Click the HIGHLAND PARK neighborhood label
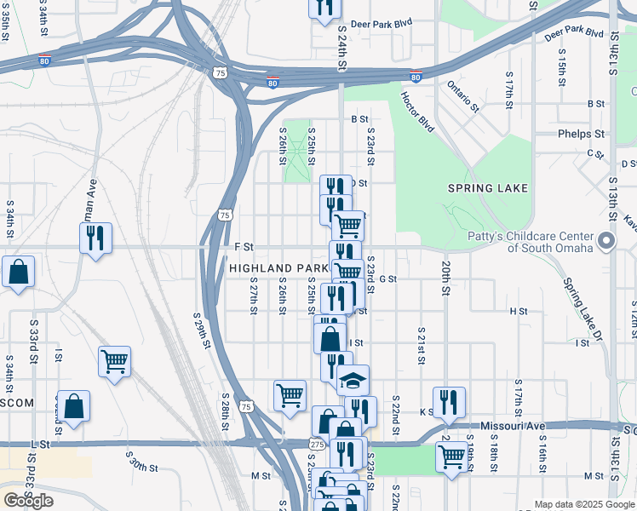point(278,268)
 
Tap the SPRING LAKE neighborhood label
point(489,188)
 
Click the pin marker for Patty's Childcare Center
point(606,242)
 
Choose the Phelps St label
point(581,134)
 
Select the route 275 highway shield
point(315,444)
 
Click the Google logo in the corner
point(28,501)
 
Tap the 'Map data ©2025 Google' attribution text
point(584,504)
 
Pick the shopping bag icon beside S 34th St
point(18,273)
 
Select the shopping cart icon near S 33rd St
point(114,362)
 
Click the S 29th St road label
point(202,330)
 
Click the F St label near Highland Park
point(244,247)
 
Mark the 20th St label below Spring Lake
point(445,278)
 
